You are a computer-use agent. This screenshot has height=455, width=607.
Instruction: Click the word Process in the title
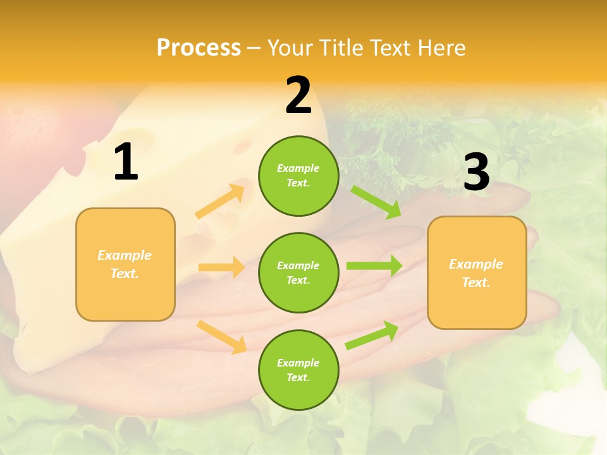199,48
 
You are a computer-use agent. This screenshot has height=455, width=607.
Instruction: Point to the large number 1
126,162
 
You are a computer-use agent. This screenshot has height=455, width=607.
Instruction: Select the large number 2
298,95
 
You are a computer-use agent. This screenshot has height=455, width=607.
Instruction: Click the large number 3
476,172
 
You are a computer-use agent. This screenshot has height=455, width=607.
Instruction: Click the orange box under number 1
125,264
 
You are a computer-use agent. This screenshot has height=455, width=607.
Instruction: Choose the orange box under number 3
477,272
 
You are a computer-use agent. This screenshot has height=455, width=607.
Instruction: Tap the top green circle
298,176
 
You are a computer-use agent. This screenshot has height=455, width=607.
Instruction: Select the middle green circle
298,272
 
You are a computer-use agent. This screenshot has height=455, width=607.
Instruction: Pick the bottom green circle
298,370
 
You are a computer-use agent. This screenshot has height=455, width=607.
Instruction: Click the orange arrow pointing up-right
220,202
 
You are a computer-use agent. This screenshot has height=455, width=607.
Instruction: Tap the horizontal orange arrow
221,267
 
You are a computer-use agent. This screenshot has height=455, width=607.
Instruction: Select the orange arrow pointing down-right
221,337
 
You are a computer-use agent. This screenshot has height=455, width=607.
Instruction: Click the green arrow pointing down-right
376,202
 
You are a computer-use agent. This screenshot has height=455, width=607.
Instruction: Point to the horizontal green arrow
374,266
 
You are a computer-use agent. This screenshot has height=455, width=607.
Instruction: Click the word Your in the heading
290,48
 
